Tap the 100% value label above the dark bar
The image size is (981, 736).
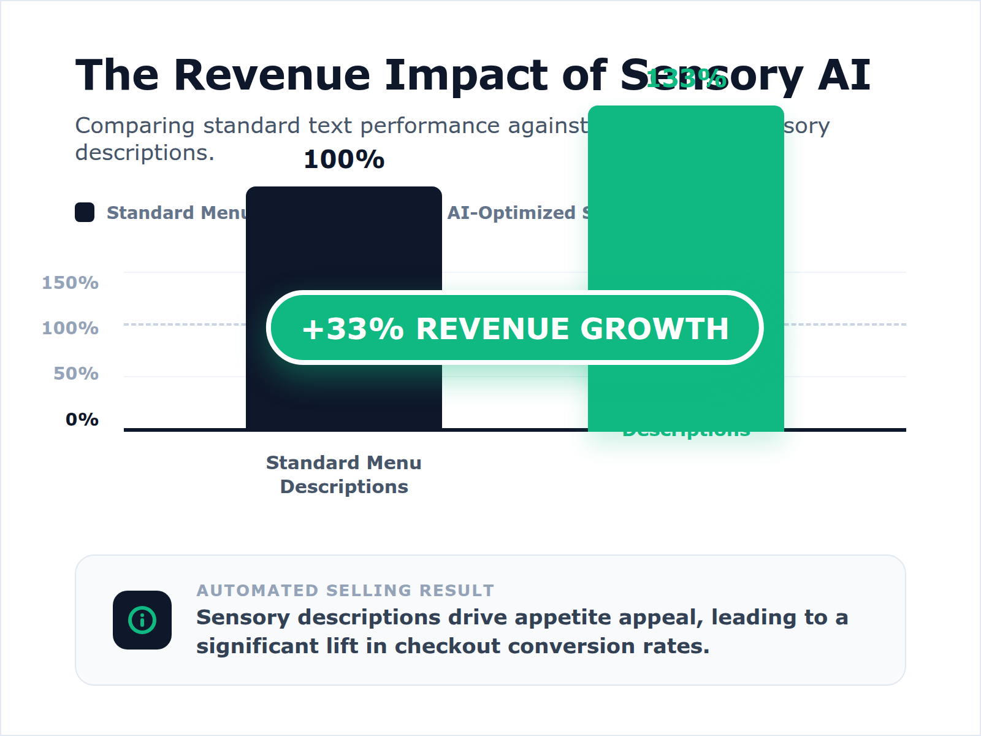pyautogui.click(x=344, y=159)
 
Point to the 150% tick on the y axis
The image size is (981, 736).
pyautogui.click(x=70, y=283)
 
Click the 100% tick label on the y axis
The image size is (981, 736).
pyautogui.click(x=70, y=328)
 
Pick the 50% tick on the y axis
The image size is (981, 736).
pyautogui.click(x=75, y=374)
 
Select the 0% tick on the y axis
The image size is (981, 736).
pyautogui.click(x=82, y=420)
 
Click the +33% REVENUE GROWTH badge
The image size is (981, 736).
pyautogui.click(x=515, y=328)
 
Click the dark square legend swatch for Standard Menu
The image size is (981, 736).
pyautogui.click(x=85, y=212)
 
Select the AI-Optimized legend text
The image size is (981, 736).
pyautogui.click(x=512, y=213)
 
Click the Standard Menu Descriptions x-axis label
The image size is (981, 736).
pyautogui.click(x=344, y=474)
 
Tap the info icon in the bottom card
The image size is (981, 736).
pyautogui.click(x=142, y=620)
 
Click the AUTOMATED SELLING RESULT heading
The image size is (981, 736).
pyautogui.click(x=345, y=590)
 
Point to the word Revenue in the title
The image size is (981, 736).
pyautogui.click(x=272, y=75)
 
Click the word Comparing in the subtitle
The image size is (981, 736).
pyautogui.click(x=135, y=126)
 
